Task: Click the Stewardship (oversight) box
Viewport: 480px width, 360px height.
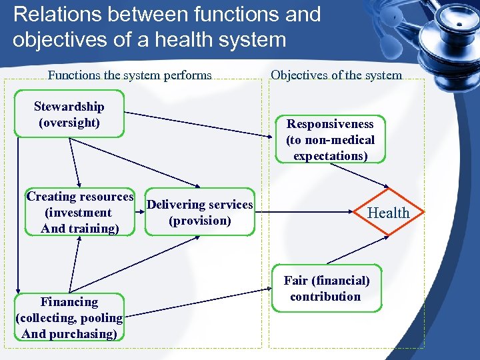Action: coord(69,115)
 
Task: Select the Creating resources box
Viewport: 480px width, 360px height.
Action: coord(79,213)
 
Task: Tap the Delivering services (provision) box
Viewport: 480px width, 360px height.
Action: coord(200,212)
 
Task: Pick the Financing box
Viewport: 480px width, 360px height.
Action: coord(69,318)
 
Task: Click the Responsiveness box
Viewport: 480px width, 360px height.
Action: coord(330,140)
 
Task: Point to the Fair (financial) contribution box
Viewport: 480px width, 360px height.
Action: coord(327,289)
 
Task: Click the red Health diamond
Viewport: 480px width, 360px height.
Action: coord(389,213)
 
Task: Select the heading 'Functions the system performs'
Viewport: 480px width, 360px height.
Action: coord(130,75)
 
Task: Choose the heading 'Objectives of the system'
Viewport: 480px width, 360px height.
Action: coord(336,75)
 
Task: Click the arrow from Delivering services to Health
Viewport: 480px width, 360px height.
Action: coord(307,213)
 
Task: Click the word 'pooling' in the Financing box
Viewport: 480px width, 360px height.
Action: coord(101,318)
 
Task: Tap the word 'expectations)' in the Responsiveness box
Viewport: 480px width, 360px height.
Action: coord(330,156)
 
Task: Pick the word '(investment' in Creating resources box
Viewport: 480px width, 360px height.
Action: coord(78,213)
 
